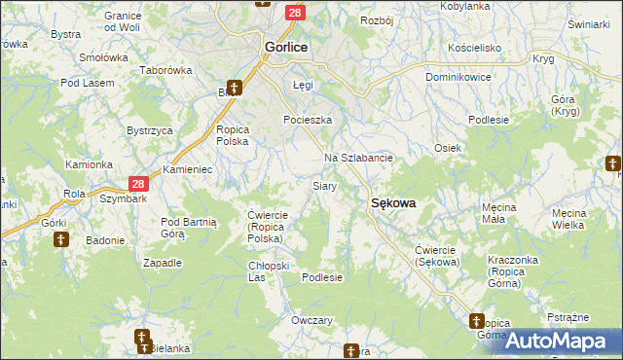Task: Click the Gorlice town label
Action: [x=286, y=47]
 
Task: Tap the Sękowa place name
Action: [x=393, y=203]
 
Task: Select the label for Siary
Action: [x=324, y=185]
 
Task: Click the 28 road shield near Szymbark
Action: [x=140, y=184]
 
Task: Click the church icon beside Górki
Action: [x=60, y=238]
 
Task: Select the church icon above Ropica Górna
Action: [x=477, y=320]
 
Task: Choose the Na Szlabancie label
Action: [x=358, y=158]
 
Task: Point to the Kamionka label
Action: [x=89, y=164]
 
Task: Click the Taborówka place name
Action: [x=165, y=71]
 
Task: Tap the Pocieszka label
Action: [x=308, y=120]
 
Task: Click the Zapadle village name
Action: [x=163, y=263]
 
